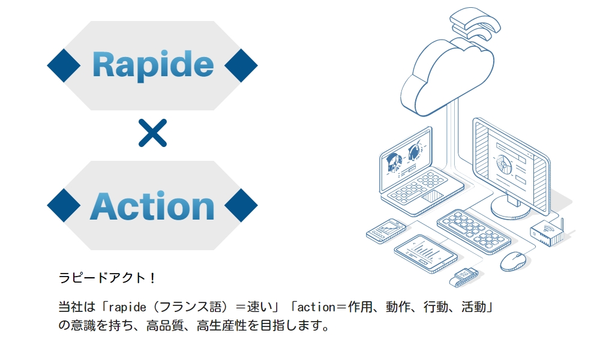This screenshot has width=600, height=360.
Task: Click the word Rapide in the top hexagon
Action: tap(152, 65)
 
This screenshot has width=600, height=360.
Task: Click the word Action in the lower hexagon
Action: tap(152, 206)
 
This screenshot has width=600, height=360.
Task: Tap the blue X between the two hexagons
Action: tap(152, 133)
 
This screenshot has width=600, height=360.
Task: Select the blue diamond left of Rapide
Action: tap(64, 65)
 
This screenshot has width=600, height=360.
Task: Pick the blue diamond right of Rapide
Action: tap(241, 65)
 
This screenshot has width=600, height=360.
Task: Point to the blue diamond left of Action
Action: tap(64, 205)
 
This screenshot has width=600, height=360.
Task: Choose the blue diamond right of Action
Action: tap(241, 205)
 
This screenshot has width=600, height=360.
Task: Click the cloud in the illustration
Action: tap(447, 77)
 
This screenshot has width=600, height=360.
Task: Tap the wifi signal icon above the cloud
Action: tap(475, 23)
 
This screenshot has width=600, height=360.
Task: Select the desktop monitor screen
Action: tap(511, 164)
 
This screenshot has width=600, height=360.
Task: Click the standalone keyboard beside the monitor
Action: tap(474, 231)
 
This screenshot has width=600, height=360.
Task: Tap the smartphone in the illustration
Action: tap(386, 230)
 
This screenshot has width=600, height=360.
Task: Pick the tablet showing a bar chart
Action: tap(425, 253)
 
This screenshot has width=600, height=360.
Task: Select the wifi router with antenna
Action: tap(548, 232)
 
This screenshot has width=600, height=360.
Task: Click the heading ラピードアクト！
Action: tap(107, 278)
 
